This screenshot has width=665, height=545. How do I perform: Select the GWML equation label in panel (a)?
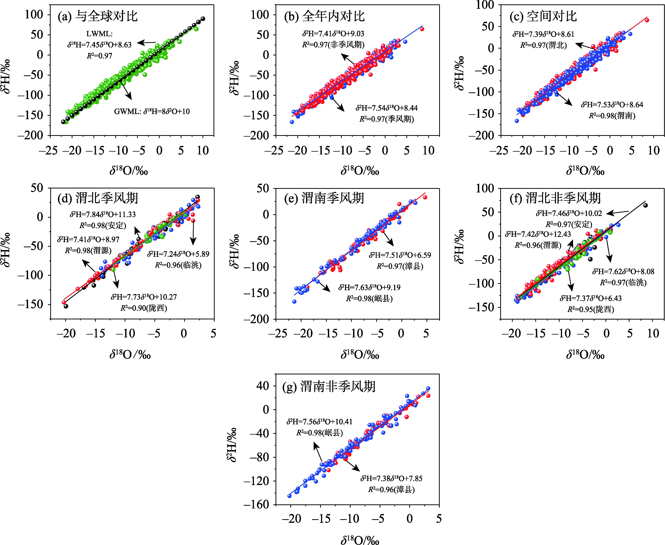(152, 111)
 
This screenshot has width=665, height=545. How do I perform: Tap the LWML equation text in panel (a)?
(99, 45)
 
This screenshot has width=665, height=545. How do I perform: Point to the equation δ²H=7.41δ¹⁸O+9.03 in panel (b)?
(333, 34)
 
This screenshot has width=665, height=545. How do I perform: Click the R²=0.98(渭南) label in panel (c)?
(612, 116)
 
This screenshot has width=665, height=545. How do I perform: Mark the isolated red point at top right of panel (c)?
(647, 20)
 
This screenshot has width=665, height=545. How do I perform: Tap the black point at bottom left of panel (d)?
(66, 306)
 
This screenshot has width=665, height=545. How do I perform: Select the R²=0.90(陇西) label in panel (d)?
(144, 308)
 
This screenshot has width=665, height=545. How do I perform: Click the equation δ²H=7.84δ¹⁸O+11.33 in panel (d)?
(103, 214)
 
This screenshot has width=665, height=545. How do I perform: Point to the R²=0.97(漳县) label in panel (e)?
(400, 266)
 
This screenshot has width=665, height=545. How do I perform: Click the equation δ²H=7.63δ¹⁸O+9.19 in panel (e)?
(369, 287)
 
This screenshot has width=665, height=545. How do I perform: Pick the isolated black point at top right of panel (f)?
(645, 205)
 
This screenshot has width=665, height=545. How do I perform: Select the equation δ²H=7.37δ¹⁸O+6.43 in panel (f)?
(591, 298)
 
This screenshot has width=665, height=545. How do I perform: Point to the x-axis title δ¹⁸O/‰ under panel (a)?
(129, 171)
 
